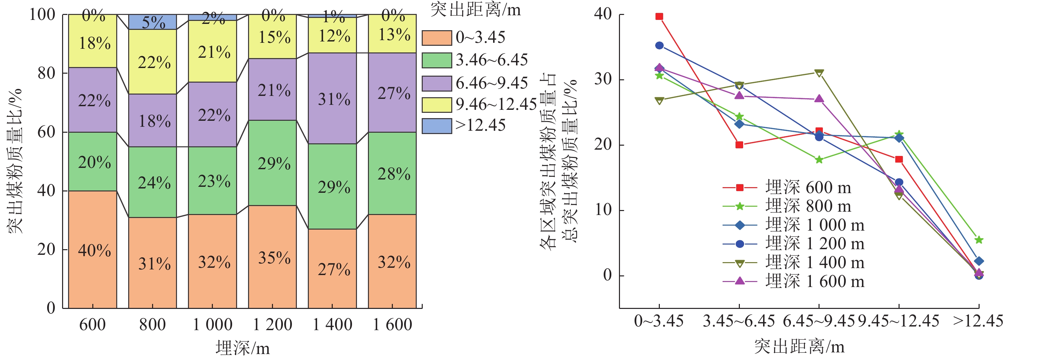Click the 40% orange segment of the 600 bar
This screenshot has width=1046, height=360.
tap(93, 249)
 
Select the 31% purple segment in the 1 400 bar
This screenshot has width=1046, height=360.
tap(332, 98)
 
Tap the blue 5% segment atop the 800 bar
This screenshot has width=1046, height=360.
tap(153, 22)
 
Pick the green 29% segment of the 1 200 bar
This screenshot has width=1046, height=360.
tap(273, 163)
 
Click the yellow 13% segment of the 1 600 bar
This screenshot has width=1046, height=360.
tap(392, 34)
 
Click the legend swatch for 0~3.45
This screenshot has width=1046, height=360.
tap(437, 38)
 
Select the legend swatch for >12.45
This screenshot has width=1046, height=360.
tap(437, 126)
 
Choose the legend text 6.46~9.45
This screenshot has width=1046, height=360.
tap(491, 83)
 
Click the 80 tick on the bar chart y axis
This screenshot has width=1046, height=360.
tap(46, 73)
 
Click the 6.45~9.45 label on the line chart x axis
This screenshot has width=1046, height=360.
tap(819, 322)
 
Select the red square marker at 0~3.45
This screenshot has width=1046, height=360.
tap(659, 17)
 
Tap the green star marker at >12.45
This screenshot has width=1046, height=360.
tap(979, 240)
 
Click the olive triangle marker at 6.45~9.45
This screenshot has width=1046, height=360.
tap(819, 73)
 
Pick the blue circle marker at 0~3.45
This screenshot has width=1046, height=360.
tap(659, 45)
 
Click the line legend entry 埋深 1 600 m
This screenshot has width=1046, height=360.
tap(814, 281)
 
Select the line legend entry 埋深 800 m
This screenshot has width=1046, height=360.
tap(808, 206)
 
